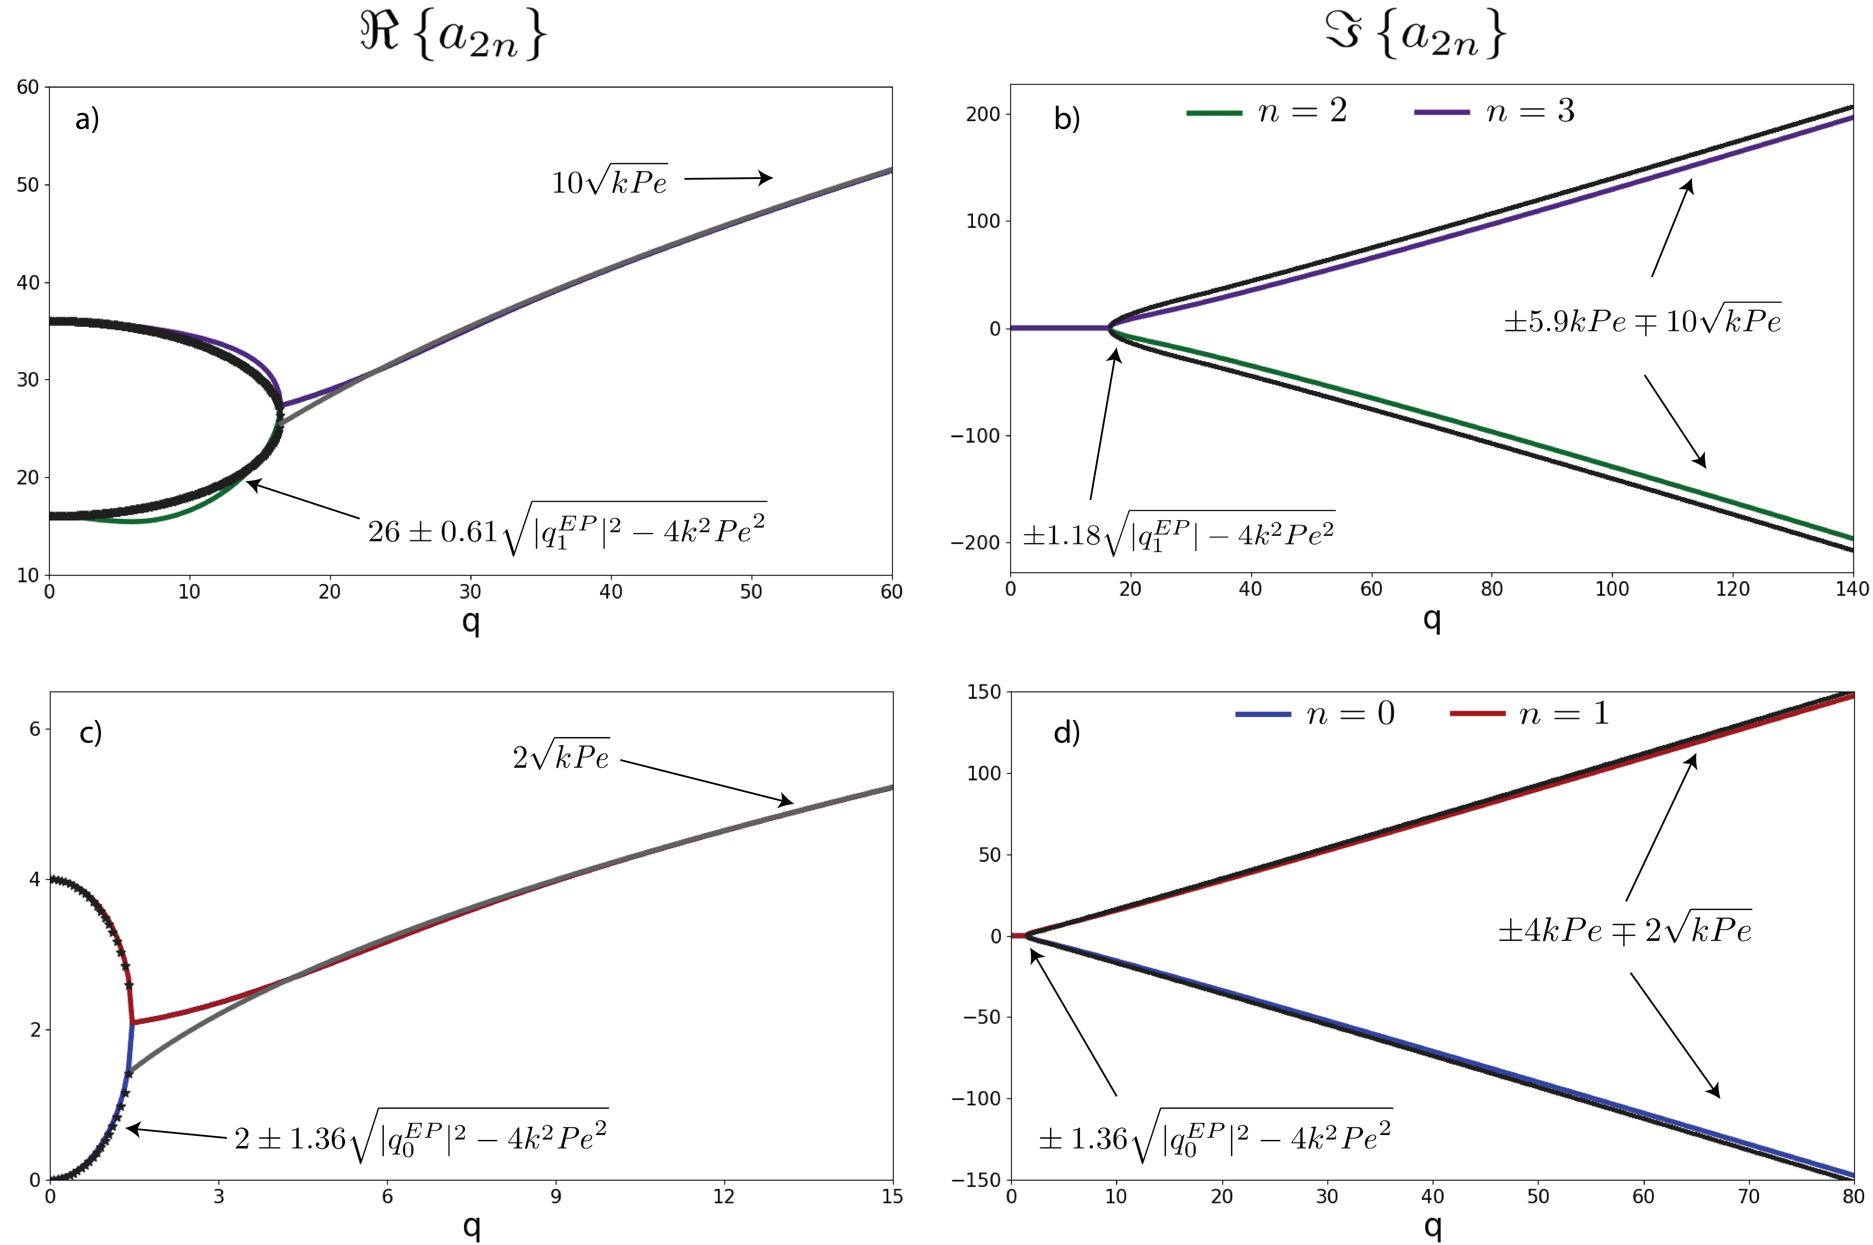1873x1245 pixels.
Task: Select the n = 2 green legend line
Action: (1214, 113)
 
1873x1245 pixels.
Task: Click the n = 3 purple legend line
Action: (1442, 113)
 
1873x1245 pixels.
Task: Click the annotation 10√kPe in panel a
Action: (609, 182)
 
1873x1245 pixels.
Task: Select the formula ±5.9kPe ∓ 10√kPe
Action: (1642, 321)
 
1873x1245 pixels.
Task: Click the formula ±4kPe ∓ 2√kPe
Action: (1624, 929)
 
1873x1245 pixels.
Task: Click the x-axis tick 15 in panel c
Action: (892, 1197)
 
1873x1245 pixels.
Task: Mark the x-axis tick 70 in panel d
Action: (1748, 1197)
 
